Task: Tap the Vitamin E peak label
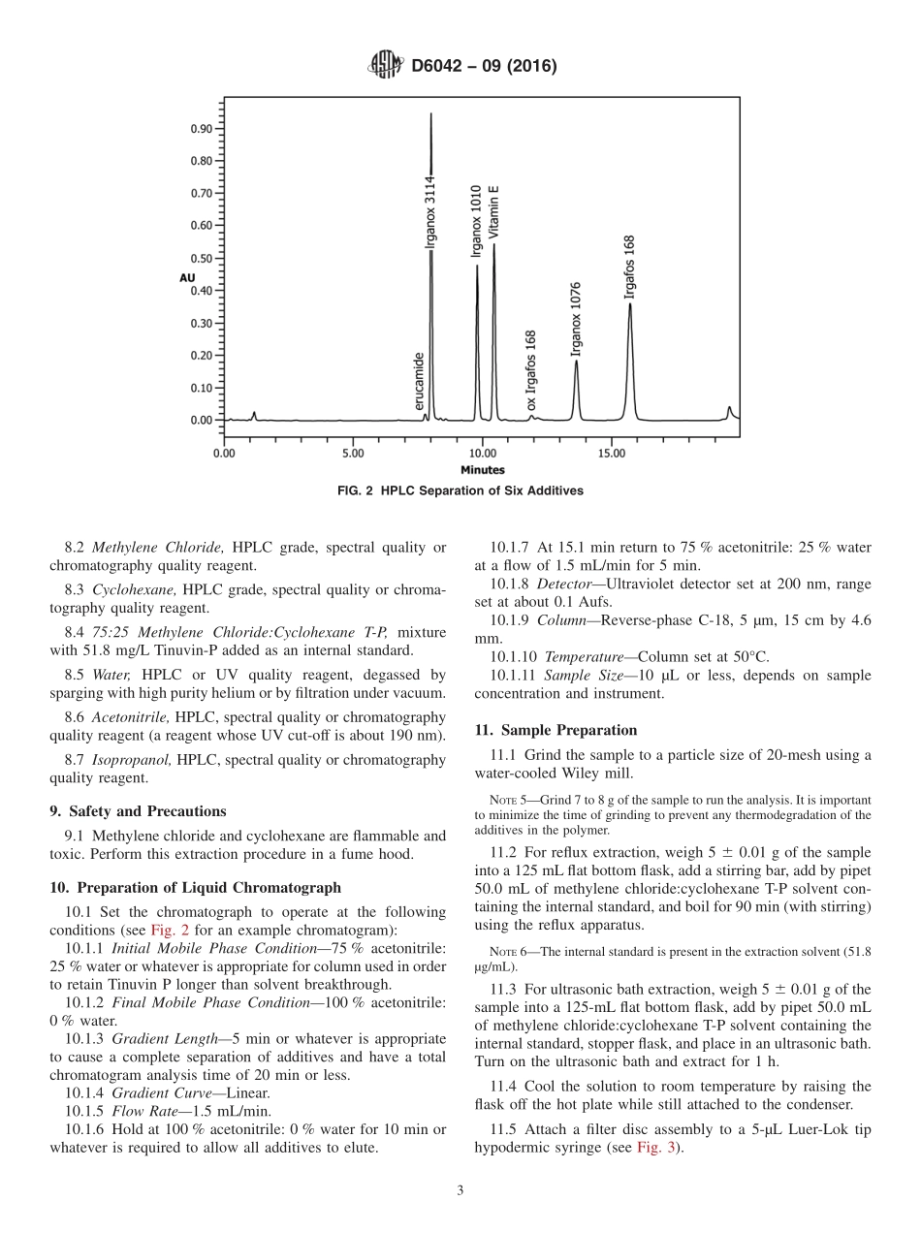tap(492, 211)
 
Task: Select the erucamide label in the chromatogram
tap(419, 381)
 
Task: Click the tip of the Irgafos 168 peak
tap(630, 304)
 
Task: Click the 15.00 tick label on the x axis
tap(611, 453)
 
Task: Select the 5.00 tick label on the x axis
tap(353, 453)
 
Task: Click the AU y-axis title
tap(187, 278)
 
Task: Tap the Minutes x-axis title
tap(482, 470)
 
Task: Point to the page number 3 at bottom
tap(460, 1191)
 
